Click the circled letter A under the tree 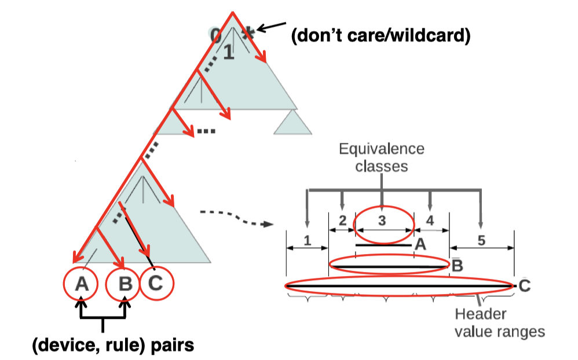coord(82,284)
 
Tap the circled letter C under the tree coord(156,284)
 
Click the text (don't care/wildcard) coord(381,36)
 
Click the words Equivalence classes coord(382,157)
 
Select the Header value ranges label coord(499,323)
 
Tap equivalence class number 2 coord(342,220)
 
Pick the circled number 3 coord(382,220)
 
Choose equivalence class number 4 coord(430,220)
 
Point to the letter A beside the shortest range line coord(420,245)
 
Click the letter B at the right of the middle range coord(456,266)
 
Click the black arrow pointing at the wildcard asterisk coord(271,27)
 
